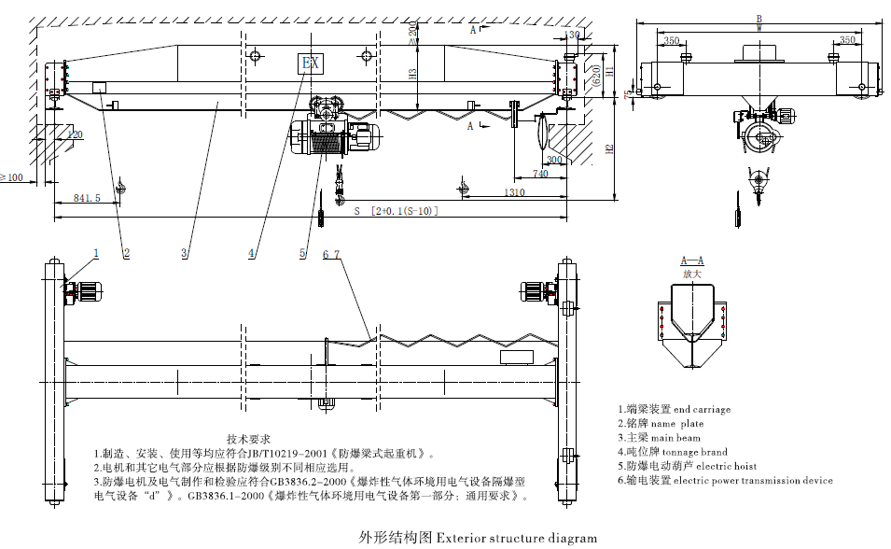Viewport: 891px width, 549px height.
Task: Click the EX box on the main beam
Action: [310, 63]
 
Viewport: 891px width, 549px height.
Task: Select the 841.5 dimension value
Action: [85, 198]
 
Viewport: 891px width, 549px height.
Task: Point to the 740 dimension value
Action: [539, 174]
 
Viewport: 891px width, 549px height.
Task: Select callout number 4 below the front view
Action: [251, 252]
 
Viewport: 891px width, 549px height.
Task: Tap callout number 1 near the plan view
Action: [95, 252]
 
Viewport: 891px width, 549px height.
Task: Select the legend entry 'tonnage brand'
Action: [672, 452]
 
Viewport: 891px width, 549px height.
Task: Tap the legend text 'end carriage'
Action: [674, 409]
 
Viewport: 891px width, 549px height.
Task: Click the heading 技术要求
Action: [248, 438]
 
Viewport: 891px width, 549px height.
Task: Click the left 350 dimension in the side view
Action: [671, 39]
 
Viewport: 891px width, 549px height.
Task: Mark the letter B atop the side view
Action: [759, 18]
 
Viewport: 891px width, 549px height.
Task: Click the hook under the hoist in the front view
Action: [338, 195]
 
